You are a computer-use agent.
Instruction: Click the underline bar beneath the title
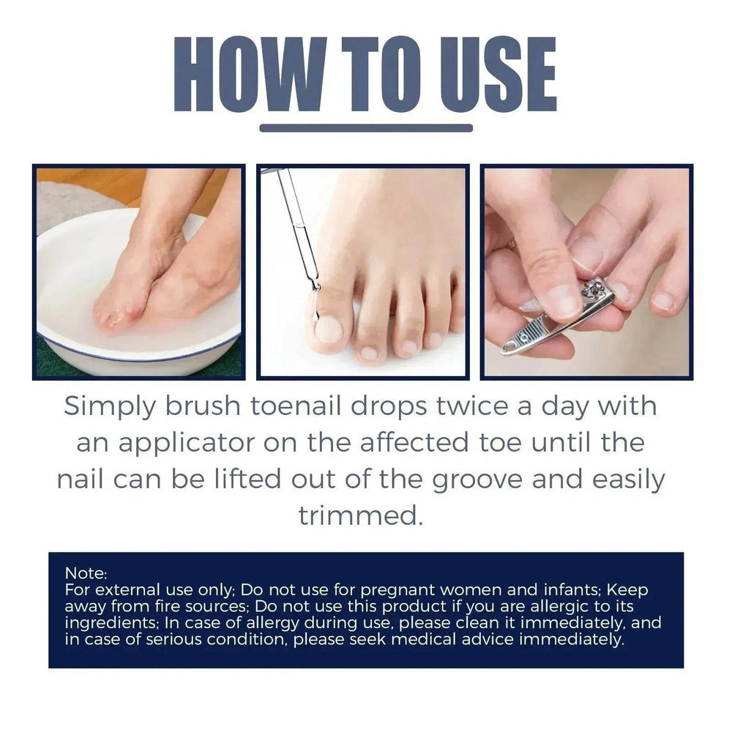pyautogui.click(x=366, y=128)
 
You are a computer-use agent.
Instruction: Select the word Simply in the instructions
pyautogui.click(x=109, y=407)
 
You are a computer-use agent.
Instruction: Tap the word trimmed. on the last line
pyautogui.click(x=361, y=515)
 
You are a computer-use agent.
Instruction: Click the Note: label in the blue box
pyautogui.click(x=86, y=573)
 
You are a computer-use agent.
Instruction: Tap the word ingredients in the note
pyautogui.click(x=111, y=623)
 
